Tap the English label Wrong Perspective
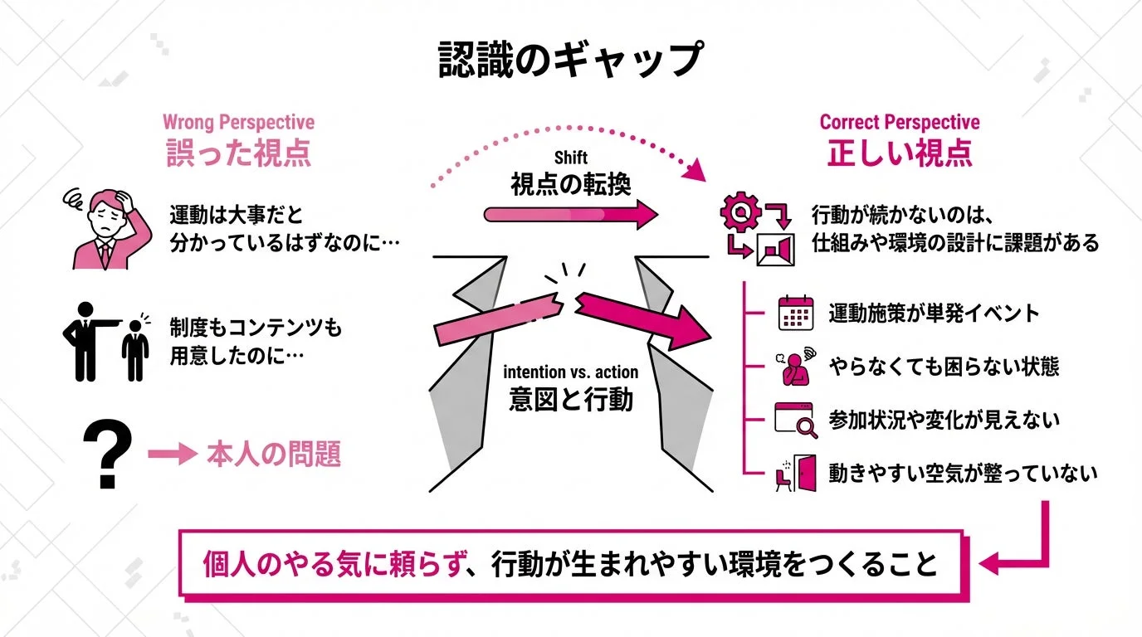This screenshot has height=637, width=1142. point(238,123)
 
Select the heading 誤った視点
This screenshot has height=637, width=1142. point(238,155)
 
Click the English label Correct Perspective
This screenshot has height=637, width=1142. point(899,123)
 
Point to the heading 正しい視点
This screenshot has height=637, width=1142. point(899,155)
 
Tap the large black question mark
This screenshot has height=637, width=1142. point(108,454)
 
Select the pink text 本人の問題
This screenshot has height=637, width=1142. point(273,455)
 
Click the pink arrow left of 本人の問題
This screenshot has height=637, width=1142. point(169,455)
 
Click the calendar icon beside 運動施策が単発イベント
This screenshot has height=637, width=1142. point(792,314)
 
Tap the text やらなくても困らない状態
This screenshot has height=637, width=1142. point(944,366)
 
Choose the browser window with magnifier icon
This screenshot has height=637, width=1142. point(792,419)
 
